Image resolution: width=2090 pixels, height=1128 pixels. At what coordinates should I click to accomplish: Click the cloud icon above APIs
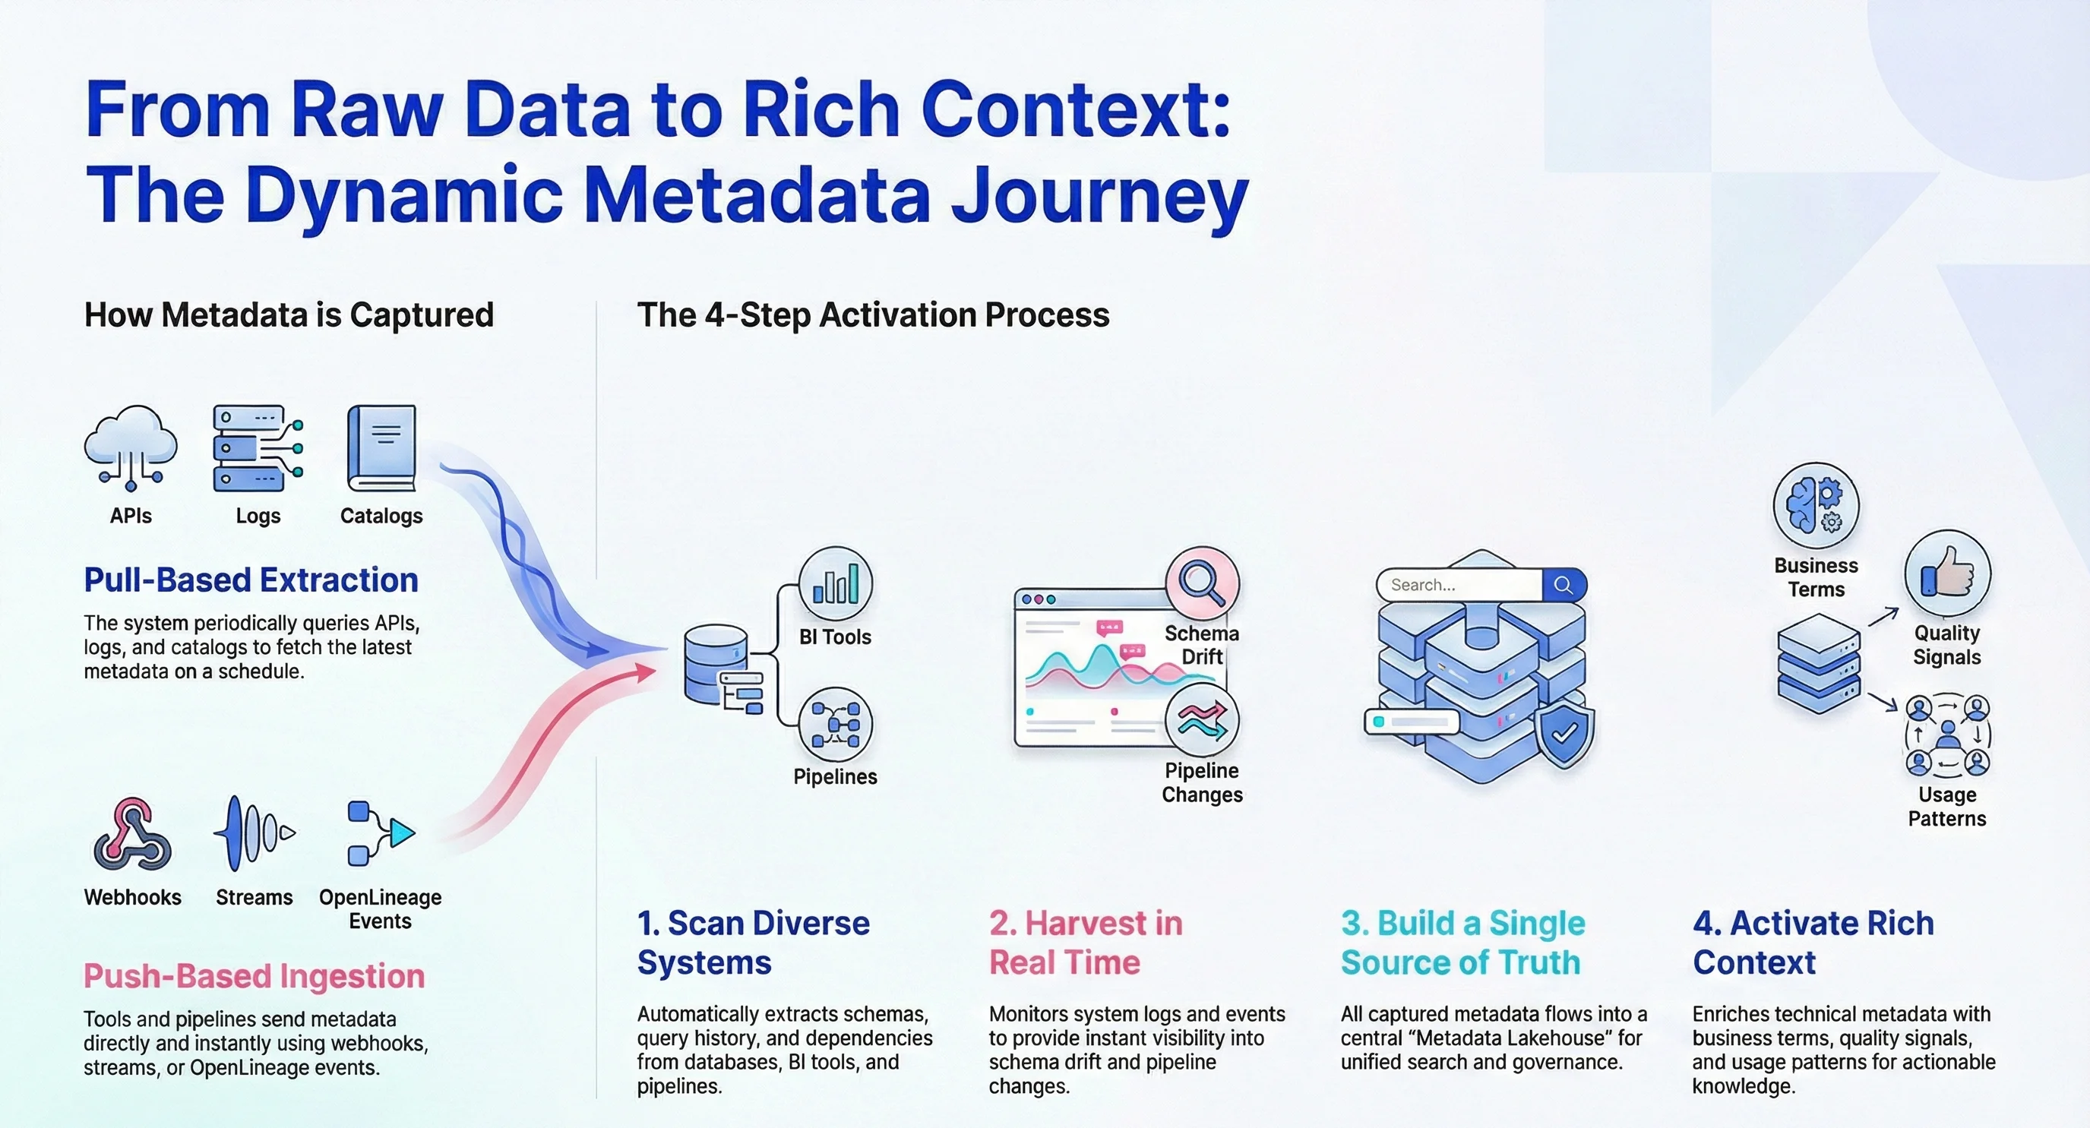click(131, 447)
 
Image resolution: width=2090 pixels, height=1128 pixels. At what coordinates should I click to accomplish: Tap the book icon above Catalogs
click(381, 447)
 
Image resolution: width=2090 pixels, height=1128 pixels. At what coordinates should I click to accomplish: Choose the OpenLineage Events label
click(380, 908)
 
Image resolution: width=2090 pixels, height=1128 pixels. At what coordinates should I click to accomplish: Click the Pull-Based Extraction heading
click(251, 580)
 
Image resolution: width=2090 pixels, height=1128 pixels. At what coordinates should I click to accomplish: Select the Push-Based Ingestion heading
click(254, 975)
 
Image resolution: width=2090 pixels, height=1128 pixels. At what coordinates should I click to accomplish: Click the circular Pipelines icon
click(835, 724)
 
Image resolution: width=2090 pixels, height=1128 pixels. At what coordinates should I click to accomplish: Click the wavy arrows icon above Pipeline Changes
click(1202, 720)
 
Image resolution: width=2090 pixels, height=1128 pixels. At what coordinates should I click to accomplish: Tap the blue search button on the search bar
click(1563, 585)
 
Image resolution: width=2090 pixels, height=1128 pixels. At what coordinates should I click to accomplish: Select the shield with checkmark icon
click(1564, 734)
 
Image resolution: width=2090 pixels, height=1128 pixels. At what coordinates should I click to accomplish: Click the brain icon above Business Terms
click(1816, 505)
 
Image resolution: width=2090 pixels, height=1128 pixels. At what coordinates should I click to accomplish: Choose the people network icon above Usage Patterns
click(1946, 735)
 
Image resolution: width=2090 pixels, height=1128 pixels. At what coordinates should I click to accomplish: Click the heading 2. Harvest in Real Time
click(1085, 943)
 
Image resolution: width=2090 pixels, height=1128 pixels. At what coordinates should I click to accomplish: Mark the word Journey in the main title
click(1099, 195)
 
